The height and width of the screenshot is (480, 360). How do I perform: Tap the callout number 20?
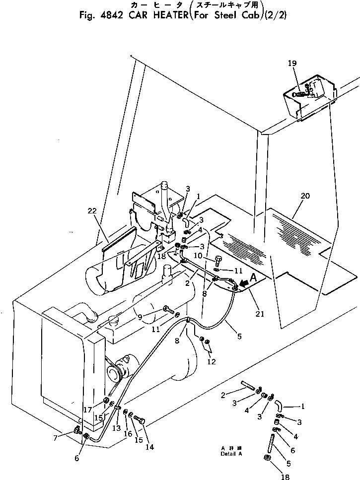(x=305, y=196)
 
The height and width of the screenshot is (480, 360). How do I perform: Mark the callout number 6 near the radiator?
(x=76, y=459)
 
